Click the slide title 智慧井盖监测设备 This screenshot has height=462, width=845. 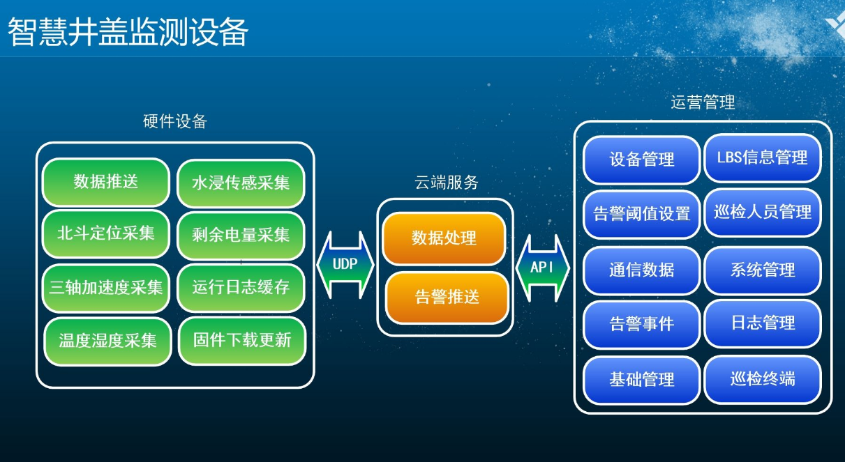[x=128, y=32]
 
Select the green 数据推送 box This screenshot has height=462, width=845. [x=106, y=183]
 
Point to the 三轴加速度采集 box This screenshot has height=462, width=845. [x=106, y=287]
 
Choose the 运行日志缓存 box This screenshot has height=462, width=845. [x=241, y=287]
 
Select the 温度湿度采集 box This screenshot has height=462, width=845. [x=107, y=341]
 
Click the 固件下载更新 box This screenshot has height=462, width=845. [x=242, y=341]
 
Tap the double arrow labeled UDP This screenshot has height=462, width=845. [x=345, y=265]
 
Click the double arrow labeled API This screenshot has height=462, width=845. [x=542, y=268]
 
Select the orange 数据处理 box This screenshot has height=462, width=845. [x=444, y=238]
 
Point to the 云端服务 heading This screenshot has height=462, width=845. [x=447, y=183]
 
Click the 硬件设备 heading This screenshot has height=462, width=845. [x=175, y=122]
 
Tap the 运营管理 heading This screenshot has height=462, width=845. [x=703, y=103]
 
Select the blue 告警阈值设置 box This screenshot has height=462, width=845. [x=642, y=214]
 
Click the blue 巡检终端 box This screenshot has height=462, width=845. [x=762, y=380]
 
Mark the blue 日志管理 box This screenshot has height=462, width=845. [x=762, y=323]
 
